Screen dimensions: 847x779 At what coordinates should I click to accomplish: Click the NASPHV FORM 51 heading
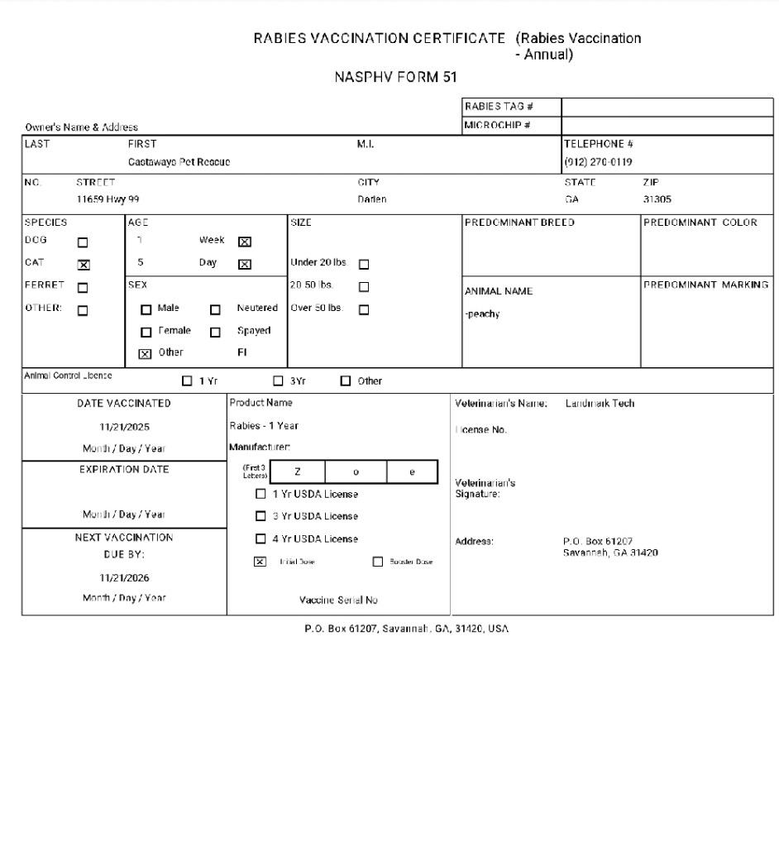point(395,77)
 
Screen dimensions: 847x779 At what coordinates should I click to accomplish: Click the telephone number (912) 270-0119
point(598,161)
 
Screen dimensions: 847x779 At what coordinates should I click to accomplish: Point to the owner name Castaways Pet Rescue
point(179,161)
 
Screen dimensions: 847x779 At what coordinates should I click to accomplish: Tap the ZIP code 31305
point(657,199)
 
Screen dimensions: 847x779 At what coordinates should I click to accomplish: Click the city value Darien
point(371,199)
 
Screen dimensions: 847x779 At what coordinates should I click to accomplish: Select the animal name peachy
point(482,313)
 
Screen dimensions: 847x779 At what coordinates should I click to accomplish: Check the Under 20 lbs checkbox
point(364,266)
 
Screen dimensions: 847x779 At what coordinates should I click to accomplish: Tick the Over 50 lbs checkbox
point(364,310)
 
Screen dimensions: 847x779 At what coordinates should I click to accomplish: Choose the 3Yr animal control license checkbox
point(278,381)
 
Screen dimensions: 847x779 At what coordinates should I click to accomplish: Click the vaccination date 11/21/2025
point(125,427)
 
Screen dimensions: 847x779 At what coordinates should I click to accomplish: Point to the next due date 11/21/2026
point(125,577)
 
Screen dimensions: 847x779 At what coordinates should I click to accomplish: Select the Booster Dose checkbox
point(378,562)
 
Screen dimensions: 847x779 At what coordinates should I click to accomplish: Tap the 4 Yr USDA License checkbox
point(260,539)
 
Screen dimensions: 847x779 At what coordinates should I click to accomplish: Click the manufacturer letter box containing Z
point(298,471)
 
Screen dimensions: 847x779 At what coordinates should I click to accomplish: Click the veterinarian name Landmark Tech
point(600,404)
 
